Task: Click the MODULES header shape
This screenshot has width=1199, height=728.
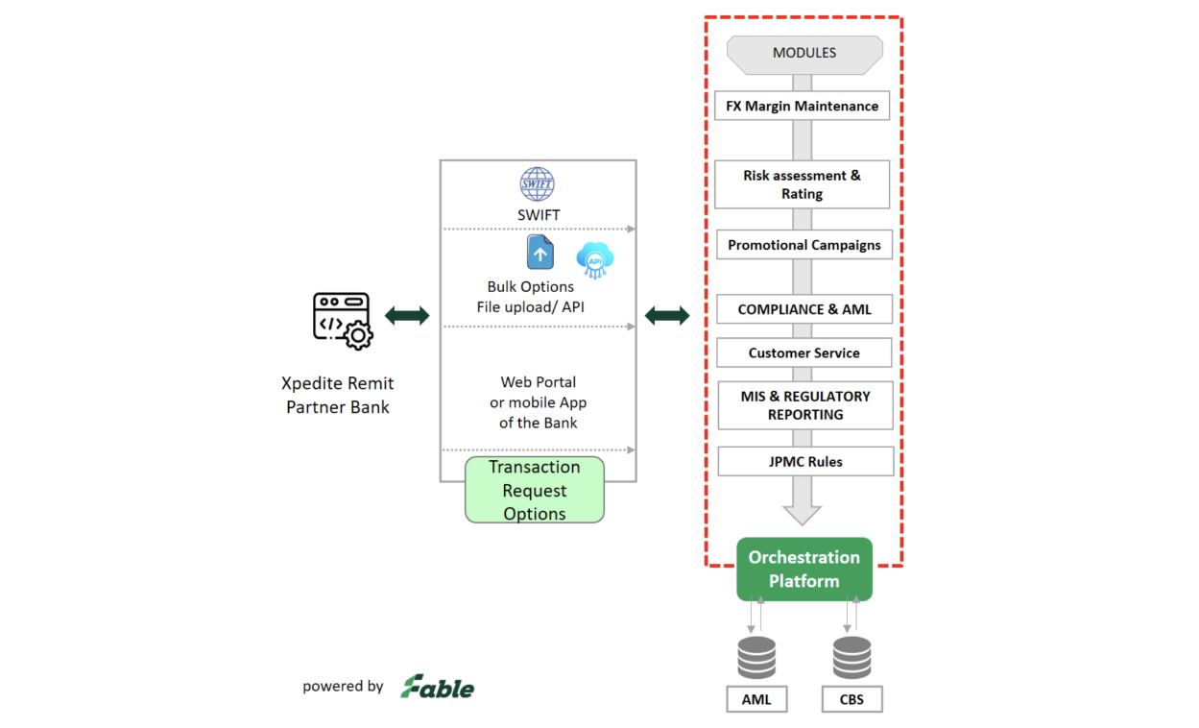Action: click(x=804, y=54)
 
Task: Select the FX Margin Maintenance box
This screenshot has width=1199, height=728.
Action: click(x=802, y=106)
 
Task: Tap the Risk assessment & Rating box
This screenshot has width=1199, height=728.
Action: click(x=802, y=184)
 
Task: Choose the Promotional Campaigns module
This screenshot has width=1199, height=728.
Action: click(x=803, y=245)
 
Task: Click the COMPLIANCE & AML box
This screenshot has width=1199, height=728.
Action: click(x=803, y=309)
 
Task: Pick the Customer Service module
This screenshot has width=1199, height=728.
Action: click(x=803, y=352)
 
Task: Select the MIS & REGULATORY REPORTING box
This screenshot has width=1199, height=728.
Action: click(x=805, y=405)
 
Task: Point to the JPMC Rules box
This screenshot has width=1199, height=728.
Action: click(x=805, y=461)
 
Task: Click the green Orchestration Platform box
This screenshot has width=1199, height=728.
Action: click(x=804, y=570)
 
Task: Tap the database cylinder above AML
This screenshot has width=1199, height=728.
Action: click(x=756, y=657)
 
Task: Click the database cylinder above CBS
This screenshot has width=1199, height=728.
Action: click(x=851, y=657)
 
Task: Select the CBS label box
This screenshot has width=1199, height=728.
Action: click(x=851, y=699)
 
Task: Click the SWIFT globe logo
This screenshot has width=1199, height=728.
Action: click(x=538, y=183)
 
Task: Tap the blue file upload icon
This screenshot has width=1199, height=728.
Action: click(x=540, y=253)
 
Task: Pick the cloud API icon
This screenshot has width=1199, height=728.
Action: click(x=595, y=259)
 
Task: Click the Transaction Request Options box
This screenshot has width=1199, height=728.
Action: click(x=535, y=490)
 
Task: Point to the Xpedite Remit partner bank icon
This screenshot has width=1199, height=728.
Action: click(x=342, y=320)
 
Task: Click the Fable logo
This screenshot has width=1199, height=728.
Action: click(x=438, y=687)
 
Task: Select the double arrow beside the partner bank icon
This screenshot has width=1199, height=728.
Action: click(x=407, y=316)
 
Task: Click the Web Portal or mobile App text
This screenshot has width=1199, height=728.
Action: click(x=538, y=402)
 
